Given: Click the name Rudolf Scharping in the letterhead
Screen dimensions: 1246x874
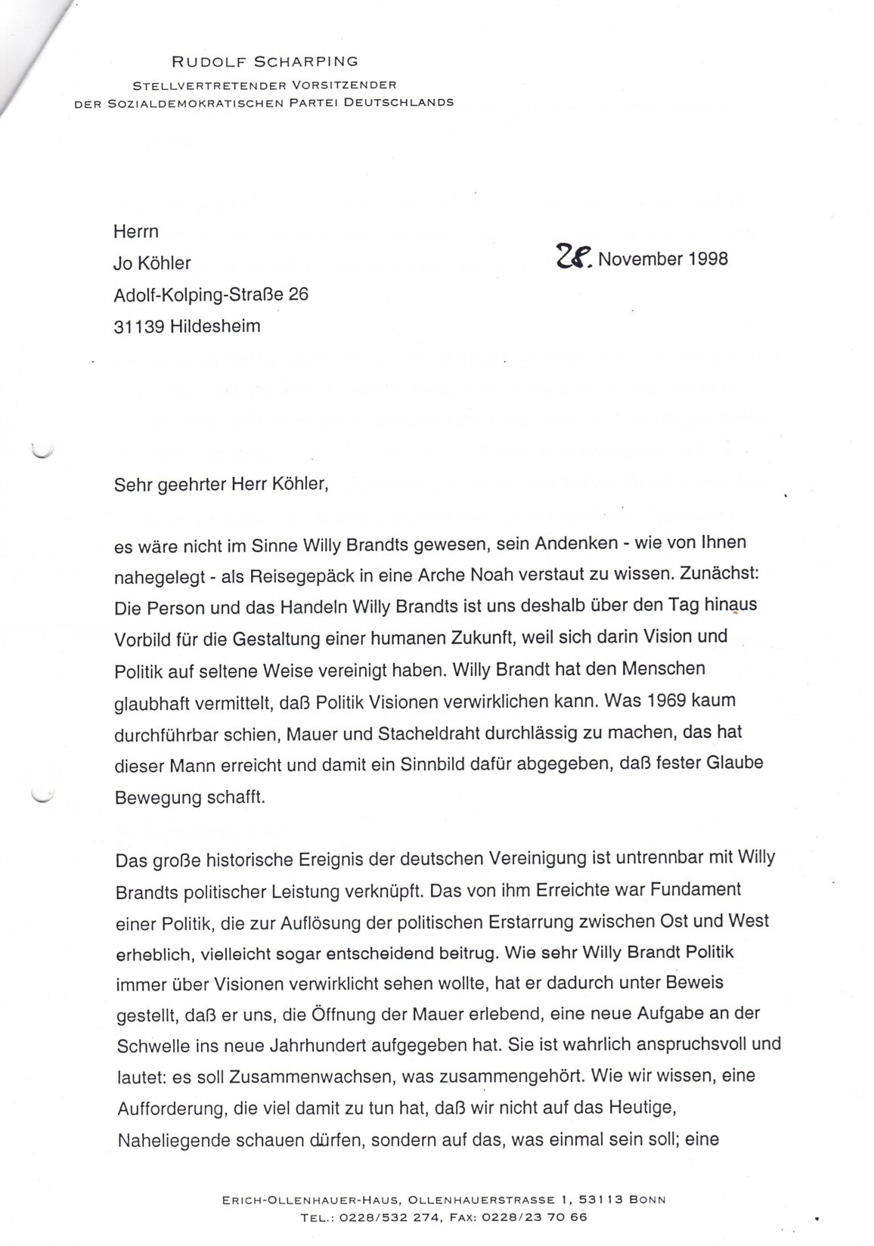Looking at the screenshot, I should pos(265,61).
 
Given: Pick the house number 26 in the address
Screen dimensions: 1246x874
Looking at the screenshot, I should pos(298,295).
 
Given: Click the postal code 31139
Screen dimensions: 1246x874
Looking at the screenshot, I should pos(139,327).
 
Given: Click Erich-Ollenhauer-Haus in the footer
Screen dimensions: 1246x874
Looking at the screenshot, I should pos(287,1200).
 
